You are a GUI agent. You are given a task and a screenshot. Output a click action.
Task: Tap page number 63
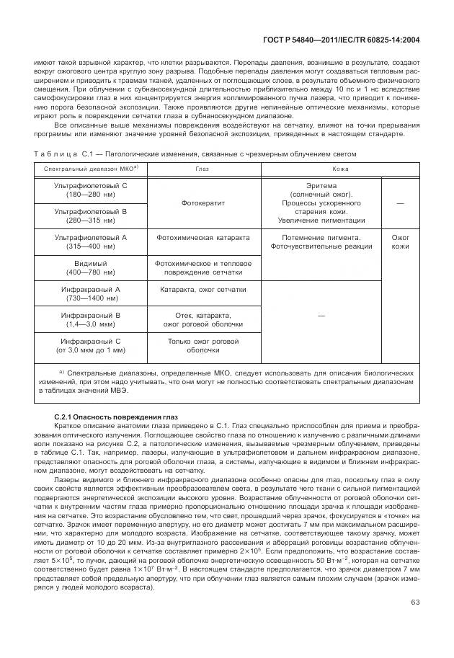click(415, 603)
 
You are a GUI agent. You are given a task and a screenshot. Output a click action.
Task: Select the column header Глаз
click(202, 169)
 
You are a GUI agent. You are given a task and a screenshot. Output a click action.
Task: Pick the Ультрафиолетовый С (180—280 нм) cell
click(91, 190)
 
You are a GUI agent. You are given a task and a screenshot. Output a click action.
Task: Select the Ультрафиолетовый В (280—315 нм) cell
click(91, 215)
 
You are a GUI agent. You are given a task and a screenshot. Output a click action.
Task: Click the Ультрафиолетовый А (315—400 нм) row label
click(91, 241)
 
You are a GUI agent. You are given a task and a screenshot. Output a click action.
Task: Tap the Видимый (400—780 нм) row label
click(91, 268)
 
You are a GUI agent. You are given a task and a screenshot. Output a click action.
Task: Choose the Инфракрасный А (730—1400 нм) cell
click(91, 294)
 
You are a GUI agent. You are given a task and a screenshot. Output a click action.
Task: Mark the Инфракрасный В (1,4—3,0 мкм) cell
click(91, 320)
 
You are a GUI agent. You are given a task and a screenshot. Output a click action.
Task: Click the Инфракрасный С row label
click(91, 345)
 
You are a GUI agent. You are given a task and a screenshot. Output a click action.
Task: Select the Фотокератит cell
click(202, 203)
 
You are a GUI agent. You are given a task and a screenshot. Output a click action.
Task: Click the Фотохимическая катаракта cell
click(202, 237)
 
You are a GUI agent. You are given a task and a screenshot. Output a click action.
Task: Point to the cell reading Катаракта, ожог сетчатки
click(202, 290)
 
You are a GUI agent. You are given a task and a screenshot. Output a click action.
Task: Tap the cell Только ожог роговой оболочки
click(202, 345)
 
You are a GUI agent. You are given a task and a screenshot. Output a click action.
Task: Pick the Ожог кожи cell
click(400, 241)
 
